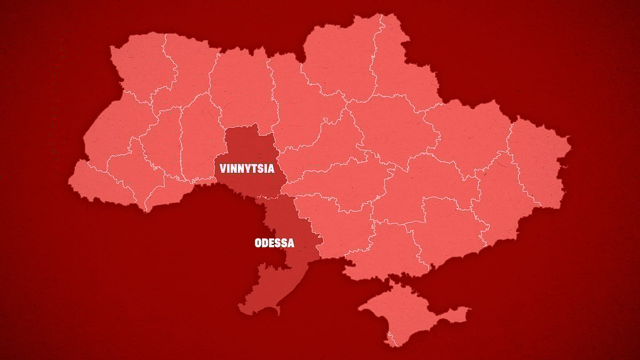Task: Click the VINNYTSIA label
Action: pyautogui.click(x=247, y=169)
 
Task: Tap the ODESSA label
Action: pyautogui.click(x=274, y=243)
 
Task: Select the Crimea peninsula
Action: pyautogui.click(x=405, y=315)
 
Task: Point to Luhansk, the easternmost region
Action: pyautogui.click(x=539, y=160)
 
